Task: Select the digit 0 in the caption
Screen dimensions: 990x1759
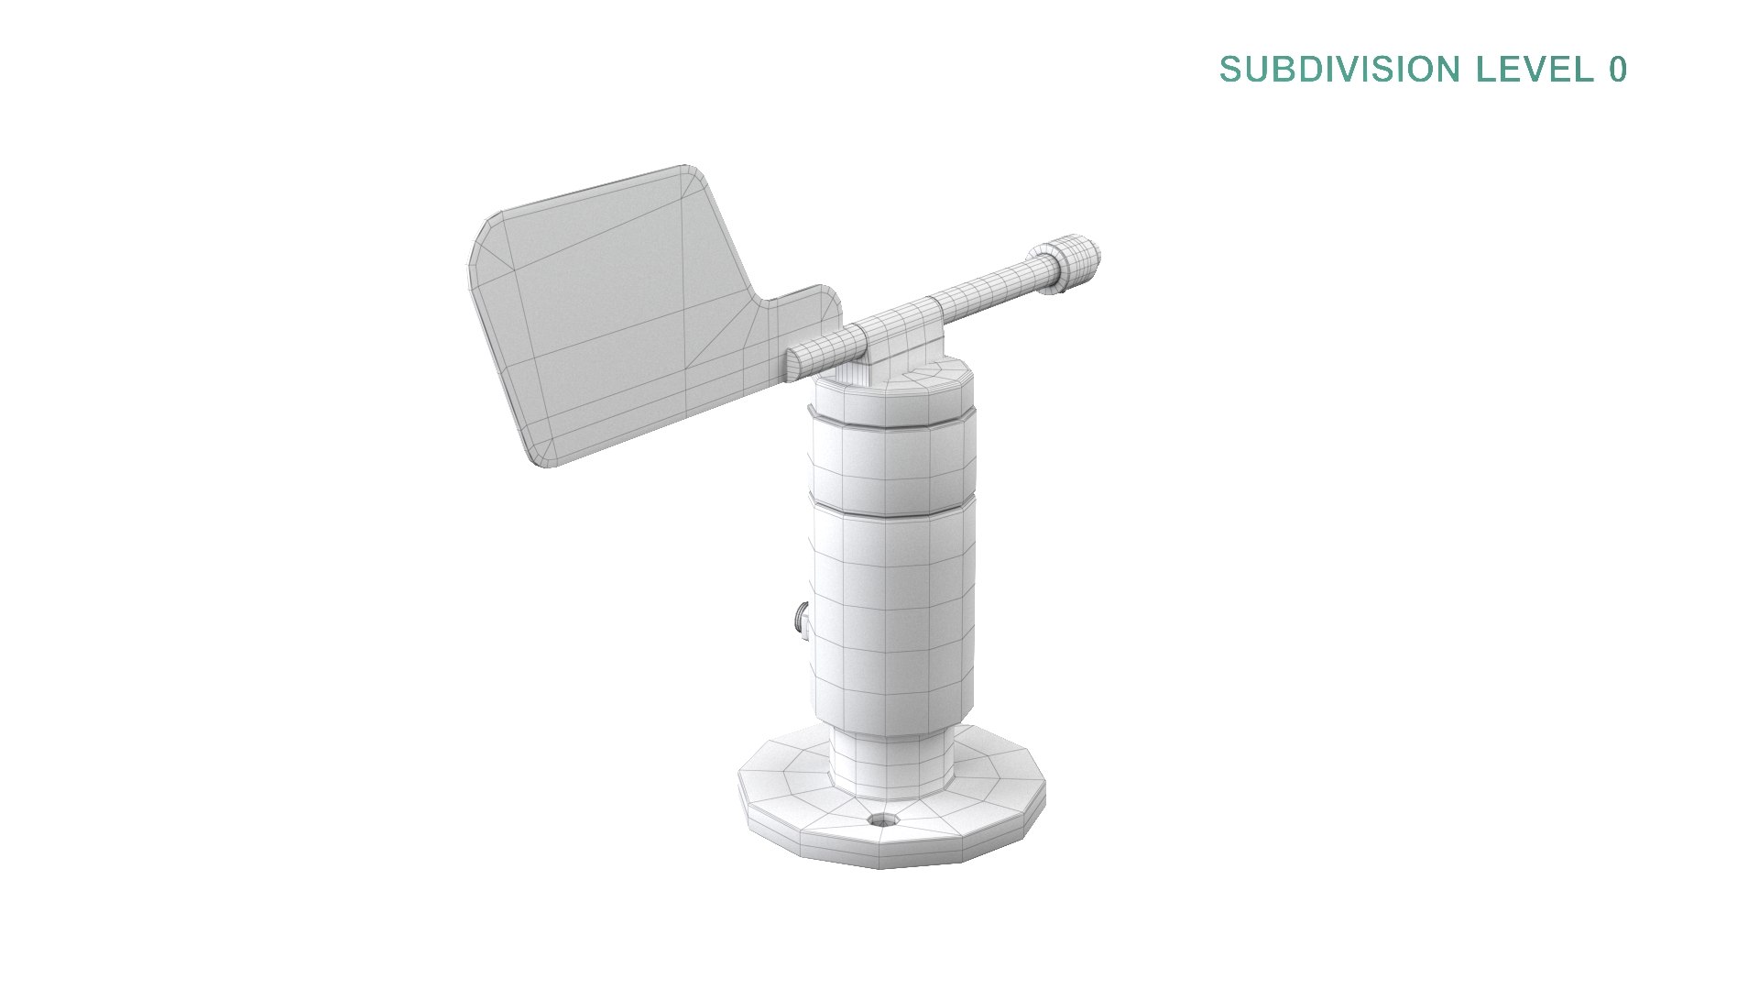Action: tap(1617, 70)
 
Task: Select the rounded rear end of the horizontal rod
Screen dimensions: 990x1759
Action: tap(793, 361)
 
